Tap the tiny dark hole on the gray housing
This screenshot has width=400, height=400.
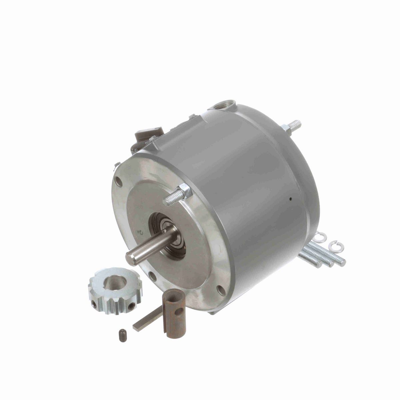pos(291,199)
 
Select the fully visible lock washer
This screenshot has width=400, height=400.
pos(334,246)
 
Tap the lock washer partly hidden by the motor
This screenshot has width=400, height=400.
pos(321,237)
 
